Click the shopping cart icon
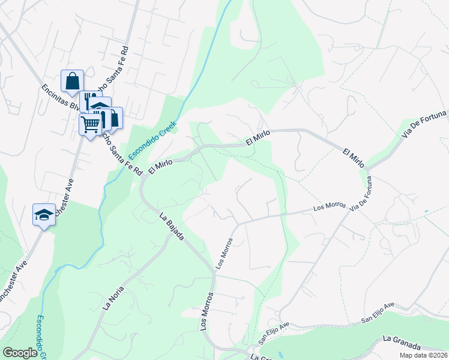[x=90, y=124]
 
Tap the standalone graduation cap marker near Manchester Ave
[x=44, y=215]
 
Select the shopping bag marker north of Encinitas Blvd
[x=72, y=81]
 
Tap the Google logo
[x=20, y=353]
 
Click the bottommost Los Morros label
[x=207, y=311]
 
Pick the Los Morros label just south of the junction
[x=224, y=254]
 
